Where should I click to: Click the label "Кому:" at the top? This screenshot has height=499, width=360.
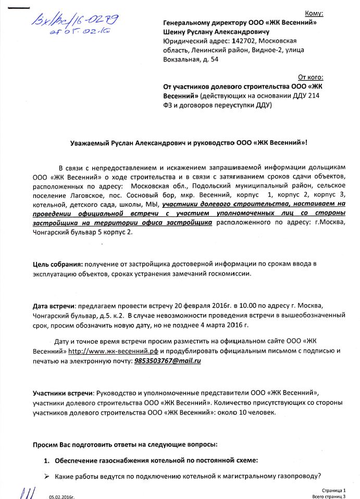(313, 13)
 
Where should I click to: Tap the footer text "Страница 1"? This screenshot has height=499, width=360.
(333, 490)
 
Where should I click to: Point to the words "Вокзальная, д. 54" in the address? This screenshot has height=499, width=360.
(191, 59)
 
